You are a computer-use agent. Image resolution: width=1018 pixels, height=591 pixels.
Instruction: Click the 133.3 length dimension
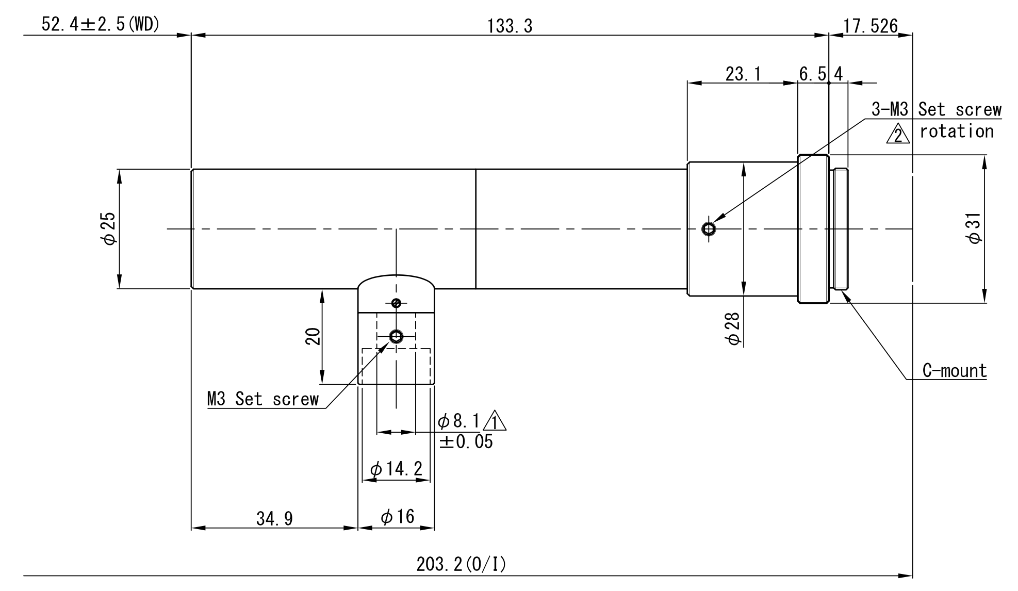510,26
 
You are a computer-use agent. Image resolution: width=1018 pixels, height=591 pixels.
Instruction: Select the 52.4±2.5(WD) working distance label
101,24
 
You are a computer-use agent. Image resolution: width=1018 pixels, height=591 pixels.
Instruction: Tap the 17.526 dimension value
871,26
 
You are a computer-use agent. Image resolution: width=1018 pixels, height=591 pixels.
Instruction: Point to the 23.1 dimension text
743,74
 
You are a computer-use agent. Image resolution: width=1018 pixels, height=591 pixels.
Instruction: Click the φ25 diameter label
110,228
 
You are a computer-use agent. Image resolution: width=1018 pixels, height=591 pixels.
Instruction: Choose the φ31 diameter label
975,228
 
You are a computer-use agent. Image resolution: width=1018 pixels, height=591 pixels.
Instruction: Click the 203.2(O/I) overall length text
461,565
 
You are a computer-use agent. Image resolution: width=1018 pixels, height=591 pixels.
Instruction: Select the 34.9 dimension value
274,518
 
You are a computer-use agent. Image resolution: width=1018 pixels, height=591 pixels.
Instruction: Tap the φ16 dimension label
397,516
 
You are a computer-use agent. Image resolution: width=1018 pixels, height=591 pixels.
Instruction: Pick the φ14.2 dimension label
396,469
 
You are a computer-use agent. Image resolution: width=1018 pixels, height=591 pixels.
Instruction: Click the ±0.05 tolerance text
466,442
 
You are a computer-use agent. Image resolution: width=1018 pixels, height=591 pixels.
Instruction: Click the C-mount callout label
954,371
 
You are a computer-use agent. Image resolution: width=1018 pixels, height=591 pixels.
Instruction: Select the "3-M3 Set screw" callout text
936,109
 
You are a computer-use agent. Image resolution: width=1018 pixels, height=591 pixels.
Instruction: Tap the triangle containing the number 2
898,134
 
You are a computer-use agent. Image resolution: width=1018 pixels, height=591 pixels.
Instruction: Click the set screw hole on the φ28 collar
709,228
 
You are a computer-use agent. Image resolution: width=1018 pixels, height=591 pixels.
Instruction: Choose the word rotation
956,132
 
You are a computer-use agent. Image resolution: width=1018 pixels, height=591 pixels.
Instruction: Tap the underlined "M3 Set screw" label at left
263,399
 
